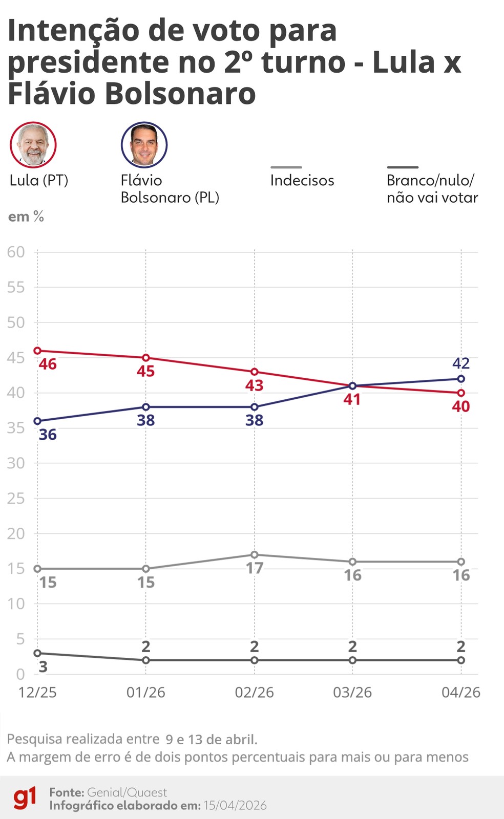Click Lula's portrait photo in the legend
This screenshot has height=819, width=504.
[x=33, y=145]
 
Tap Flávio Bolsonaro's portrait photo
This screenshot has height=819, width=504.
[x=144, y=145]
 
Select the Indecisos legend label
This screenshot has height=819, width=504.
[x=302, y=180]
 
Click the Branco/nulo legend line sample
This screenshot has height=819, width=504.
[x=402, y=167]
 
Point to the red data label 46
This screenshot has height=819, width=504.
[x=48, y=364]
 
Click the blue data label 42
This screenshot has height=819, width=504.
[x=461, y=363]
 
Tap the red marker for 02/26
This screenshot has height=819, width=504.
[x=255, y=372]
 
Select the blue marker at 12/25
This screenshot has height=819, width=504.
[x=37, y=421]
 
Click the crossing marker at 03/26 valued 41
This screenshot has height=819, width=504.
[x=352, y=386]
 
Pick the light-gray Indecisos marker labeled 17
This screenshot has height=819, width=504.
[x=255, y=555]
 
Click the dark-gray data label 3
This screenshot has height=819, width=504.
[x=44, y=666]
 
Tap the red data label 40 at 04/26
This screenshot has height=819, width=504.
[x=461, y=406]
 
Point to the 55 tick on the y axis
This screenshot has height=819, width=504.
[x=16, y=287]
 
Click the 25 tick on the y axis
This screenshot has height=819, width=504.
[x=16, y=498]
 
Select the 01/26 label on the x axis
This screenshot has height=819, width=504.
[x=146, y=693]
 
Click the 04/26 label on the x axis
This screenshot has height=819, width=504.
[x=461, y=693]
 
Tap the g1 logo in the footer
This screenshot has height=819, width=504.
[x=25, y=798]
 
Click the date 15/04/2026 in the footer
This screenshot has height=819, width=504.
[x=235, y=805]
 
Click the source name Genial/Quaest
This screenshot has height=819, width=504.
[x=127, y=792]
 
